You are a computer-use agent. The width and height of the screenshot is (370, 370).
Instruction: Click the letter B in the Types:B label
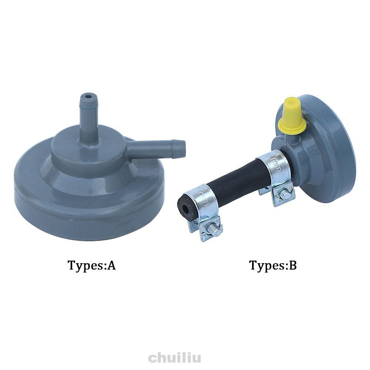[x=292, y=265]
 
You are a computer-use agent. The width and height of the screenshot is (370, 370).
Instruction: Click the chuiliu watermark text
[x=174, y=358]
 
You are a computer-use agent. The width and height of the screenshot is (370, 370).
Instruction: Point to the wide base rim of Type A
[x=89, y=207]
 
